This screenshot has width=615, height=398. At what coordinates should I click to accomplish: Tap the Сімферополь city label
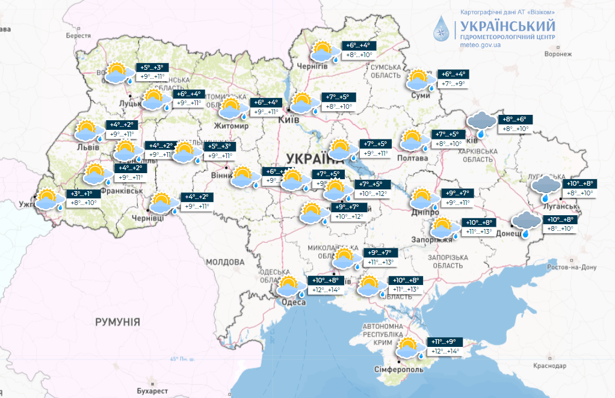pos(398,369)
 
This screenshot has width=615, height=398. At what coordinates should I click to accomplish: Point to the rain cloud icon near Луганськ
pos(546,188)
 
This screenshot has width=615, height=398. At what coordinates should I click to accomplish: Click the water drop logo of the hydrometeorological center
pos(443,29)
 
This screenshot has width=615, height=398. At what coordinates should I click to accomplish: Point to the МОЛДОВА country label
pos(225,262)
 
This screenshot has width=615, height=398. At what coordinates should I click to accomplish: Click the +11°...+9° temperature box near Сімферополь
pos(442,341)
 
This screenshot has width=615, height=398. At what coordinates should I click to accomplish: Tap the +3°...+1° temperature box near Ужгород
pos(82,194)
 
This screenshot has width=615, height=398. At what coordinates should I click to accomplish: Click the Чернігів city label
pos(312,66)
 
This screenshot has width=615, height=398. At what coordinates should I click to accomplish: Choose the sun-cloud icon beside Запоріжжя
pos(443,228)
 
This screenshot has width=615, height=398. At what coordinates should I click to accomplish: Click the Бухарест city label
pos(150,391)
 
